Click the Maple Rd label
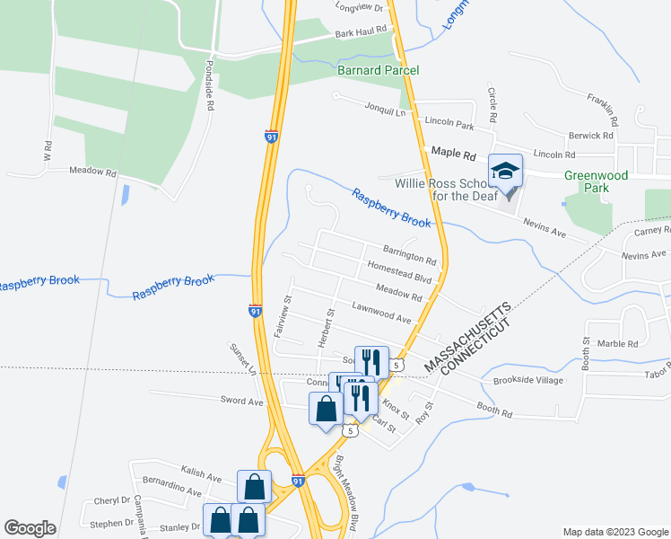tap(452, 154)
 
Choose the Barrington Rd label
tap(409, 255)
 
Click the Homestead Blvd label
tap(400, 273)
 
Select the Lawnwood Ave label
tap(381, 313)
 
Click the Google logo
tap(30, 528)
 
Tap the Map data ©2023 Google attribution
tap(614, 532)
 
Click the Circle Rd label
tap(492, 106)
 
